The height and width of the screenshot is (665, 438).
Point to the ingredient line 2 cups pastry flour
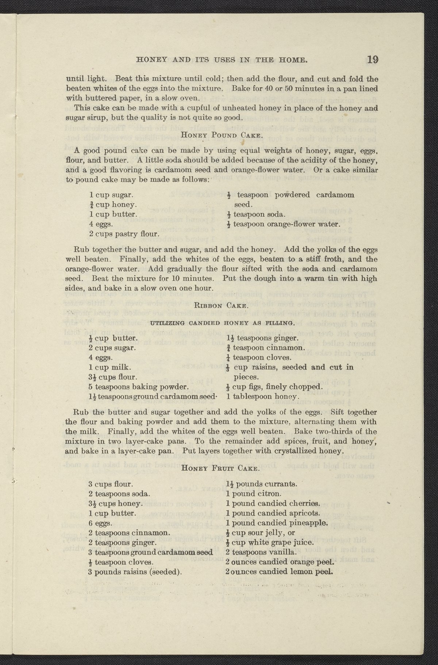124,234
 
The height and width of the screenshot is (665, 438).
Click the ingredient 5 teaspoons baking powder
138,387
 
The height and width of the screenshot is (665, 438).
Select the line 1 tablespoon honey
263,396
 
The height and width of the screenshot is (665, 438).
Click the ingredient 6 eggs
100,523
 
